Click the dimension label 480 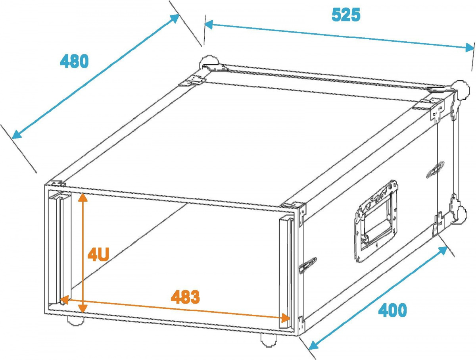[74, 61]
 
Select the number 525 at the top [346, 15]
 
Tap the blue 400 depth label [392, 310]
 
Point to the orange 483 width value [185, 296]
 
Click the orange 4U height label [98, 255]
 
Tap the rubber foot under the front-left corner [75, 320]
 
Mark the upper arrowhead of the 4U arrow [83, 197]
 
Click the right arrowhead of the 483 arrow [286, 318]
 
